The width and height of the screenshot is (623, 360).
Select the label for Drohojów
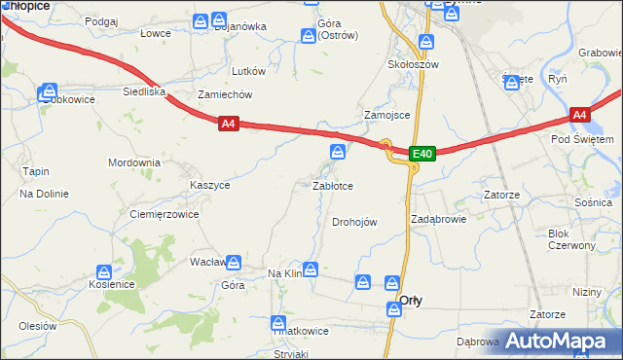click(x=354, y=222)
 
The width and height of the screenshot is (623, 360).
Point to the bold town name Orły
click(x=411, y=301)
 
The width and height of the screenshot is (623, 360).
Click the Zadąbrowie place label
click(x=439, y=219)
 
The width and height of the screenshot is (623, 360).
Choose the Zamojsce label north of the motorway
click(x=386, y=114)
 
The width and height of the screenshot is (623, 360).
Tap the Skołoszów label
click(x=414, y=64)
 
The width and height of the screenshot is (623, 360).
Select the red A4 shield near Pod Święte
click(x=580, y=115)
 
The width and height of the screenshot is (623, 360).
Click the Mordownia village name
click(x=133, y=162)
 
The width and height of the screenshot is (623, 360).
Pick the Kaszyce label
click(x=210, y=184)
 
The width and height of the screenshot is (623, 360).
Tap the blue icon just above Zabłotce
click(x=337, y=151)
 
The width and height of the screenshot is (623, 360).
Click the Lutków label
click(x=248, y=71)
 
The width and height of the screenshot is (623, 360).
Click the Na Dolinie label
click(x=44, y=194)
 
